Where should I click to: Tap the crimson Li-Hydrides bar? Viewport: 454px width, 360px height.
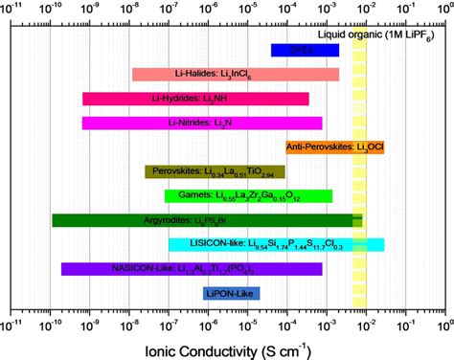(195, 99)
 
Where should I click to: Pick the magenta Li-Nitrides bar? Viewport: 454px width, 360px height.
(201, 123)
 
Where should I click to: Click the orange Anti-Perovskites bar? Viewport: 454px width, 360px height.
(323, 147)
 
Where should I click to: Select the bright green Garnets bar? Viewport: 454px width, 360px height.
(248, 196)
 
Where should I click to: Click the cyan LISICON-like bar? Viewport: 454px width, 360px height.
(276, 244)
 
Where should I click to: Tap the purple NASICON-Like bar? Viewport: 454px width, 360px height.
(192, 269)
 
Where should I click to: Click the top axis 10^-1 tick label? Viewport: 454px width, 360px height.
(404, 11)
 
